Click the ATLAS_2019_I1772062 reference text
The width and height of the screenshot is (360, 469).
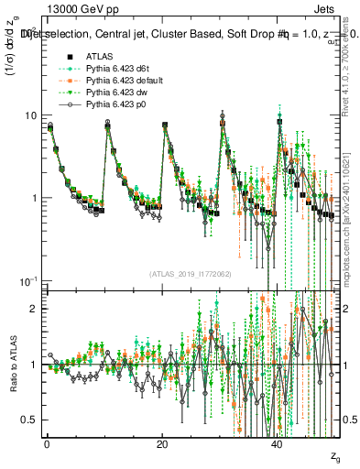191,273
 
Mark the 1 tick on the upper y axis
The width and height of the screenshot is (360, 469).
33,198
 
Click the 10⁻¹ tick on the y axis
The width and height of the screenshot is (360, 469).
27,279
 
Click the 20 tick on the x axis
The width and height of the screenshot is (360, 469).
161,444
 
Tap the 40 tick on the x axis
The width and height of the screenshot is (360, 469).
277,444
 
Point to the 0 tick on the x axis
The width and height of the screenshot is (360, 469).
46,444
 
